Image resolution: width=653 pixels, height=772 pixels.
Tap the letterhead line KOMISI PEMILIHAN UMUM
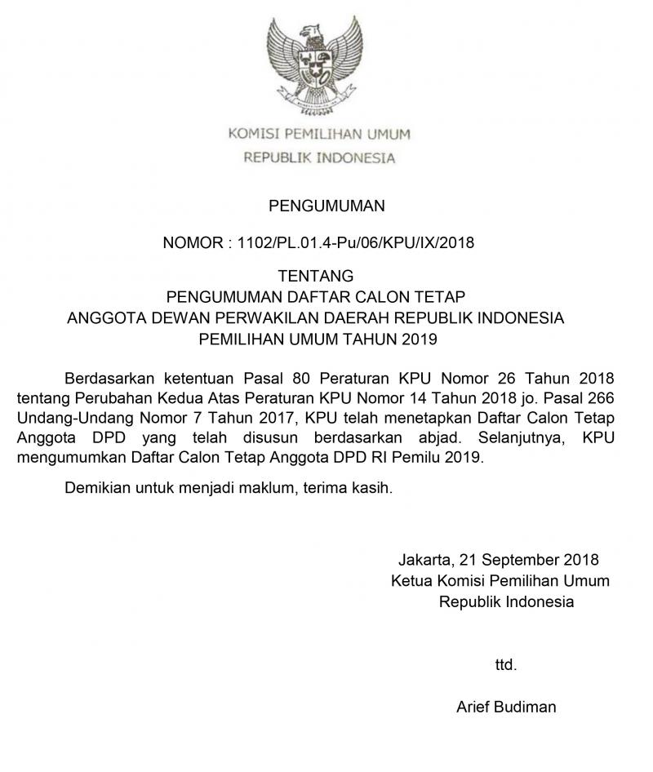(319, 134)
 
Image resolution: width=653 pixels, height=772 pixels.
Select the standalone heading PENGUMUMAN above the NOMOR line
(326, 206)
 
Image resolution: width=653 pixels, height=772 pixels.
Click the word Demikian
(96, 489)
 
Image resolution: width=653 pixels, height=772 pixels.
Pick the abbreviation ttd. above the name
(506, 665)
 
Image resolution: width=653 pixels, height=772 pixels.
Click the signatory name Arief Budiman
(506, 707)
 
